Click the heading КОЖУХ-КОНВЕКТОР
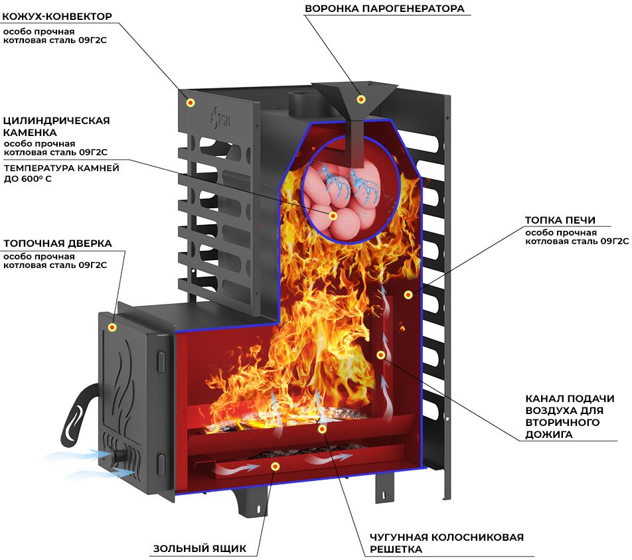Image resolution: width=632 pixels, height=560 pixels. coord(57,17)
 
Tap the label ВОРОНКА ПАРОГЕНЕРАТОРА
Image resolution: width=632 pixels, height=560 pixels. coord(384,9)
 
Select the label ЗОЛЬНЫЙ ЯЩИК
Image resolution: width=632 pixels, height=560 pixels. coord(200,548)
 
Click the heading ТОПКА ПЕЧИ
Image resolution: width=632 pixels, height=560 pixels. coord(560,220)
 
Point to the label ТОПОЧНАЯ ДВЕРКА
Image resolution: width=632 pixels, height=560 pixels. coord(58,244)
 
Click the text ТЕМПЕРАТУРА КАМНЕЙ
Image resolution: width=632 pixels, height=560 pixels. coord(62,168)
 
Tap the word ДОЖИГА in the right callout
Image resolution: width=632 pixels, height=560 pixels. coord(548,435)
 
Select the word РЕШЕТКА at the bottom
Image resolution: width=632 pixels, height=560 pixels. coord(396,549)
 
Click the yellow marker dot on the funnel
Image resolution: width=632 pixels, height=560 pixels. coord(360,99)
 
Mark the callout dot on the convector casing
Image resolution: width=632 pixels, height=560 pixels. coord(191,102)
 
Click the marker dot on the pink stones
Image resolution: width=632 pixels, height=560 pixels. coord(333,216)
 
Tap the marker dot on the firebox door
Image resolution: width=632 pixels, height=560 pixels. coord(112,327)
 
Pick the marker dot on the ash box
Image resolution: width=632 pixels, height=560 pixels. coord(276,466)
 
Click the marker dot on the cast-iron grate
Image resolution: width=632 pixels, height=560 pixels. coord(321,429)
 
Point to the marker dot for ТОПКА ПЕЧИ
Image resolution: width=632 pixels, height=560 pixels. coord(408,295)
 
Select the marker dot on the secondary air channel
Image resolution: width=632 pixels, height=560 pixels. coord(380,355)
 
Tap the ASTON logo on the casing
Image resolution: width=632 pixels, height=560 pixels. coord(220,118)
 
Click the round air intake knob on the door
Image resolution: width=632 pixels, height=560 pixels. coord(119,458)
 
